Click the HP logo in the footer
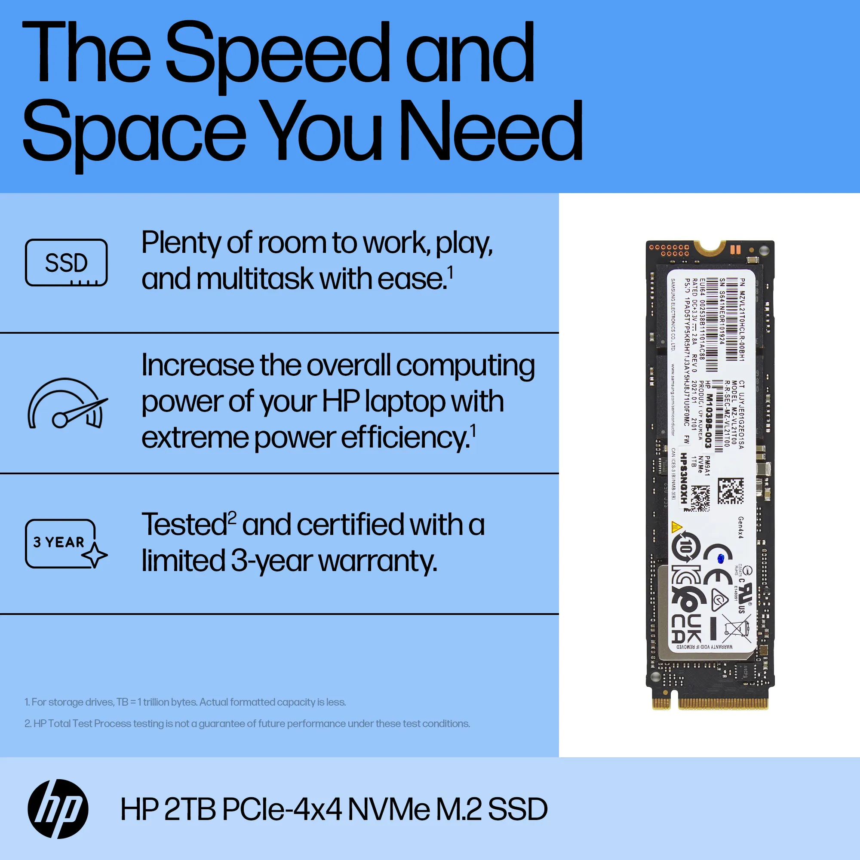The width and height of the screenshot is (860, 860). click(58, 809)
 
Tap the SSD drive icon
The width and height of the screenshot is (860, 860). click(66, 263)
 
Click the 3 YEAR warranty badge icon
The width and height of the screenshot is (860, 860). click(66, 544)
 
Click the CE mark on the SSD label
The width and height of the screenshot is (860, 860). click(717, 565)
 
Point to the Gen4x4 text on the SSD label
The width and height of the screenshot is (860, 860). click(741, 527)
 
